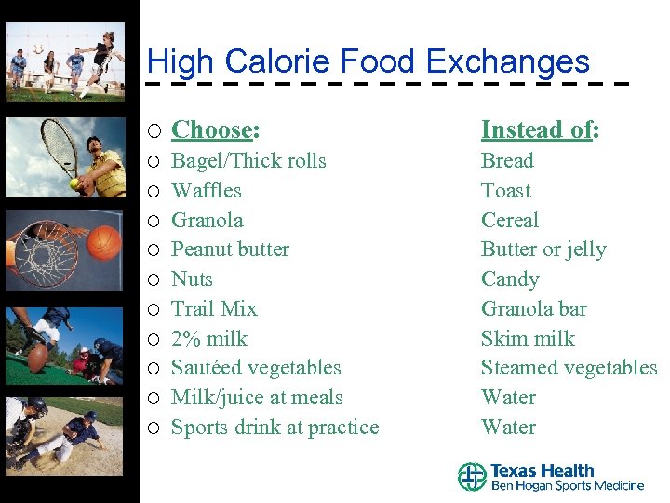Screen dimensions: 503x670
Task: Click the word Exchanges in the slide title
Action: (507, 62)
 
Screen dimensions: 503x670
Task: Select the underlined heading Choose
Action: (213, 129)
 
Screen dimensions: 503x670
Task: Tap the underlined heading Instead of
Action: (537, 129)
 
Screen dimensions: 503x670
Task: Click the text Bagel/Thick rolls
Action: (248, 160)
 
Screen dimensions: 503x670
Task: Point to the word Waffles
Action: (207, 190)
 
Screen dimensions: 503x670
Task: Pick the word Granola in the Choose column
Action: (208, 220)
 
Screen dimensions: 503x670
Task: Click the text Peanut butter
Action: (230, 250)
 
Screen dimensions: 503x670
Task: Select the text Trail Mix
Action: (214, 308)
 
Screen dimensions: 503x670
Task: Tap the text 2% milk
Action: (209, 338)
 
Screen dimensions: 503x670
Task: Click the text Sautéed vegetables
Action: (256, 368)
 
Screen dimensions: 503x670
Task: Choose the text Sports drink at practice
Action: (275, 428)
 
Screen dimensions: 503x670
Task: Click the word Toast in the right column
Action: (505, 190)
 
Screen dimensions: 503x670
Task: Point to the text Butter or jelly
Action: (543, 250)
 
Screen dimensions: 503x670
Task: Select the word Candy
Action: (510, 279)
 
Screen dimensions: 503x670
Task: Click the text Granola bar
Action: (533, 308)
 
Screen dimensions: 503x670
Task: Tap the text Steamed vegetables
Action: (569, 368)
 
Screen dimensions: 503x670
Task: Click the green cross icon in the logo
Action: (472, 477)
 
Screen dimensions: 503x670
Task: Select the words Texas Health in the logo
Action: (542, 470)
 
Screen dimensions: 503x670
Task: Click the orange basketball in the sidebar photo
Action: (105, 244)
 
